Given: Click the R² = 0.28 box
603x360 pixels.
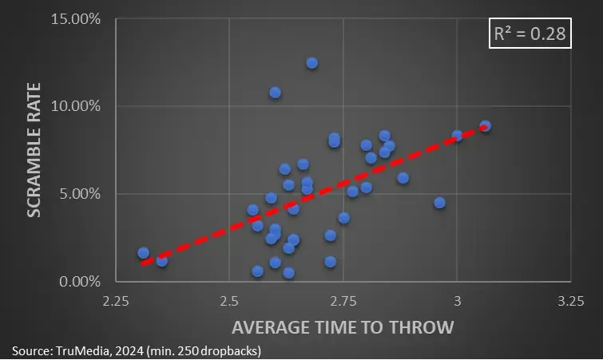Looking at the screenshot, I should (531, 34).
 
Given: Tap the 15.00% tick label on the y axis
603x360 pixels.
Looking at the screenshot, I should (77, 18).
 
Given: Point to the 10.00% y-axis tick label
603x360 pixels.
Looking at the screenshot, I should (77, 105).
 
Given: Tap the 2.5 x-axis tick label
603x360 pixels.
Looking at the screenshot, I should (229, 301).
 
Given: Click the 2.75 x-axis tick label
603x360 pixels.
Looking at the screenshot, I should (343, 301).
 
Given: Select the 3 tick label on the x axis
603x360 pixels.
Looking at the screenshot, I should (457, 301).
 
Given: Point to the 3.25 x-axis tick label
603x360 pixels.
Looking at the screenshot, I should (570, 301).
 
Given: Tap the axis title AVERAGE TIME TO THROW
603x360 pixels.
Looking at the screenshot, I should (343, 327).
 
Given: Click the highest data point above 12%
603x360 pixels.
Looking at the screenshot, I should (311, 63).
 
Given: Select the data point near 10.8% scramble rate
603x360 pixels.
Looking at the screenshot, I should (275, 93).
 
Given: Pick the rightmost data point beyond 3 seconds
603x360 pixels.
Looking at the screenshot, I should (485, 126).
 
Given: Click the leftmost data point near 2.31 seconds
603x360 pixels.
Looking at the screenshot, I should (143, 253).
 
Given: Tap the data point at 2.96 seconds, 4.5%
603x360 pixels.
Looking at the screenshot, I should (439, 203).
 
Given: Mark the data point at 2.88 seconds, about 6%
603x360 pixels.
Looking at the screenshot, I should (403, 178).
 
